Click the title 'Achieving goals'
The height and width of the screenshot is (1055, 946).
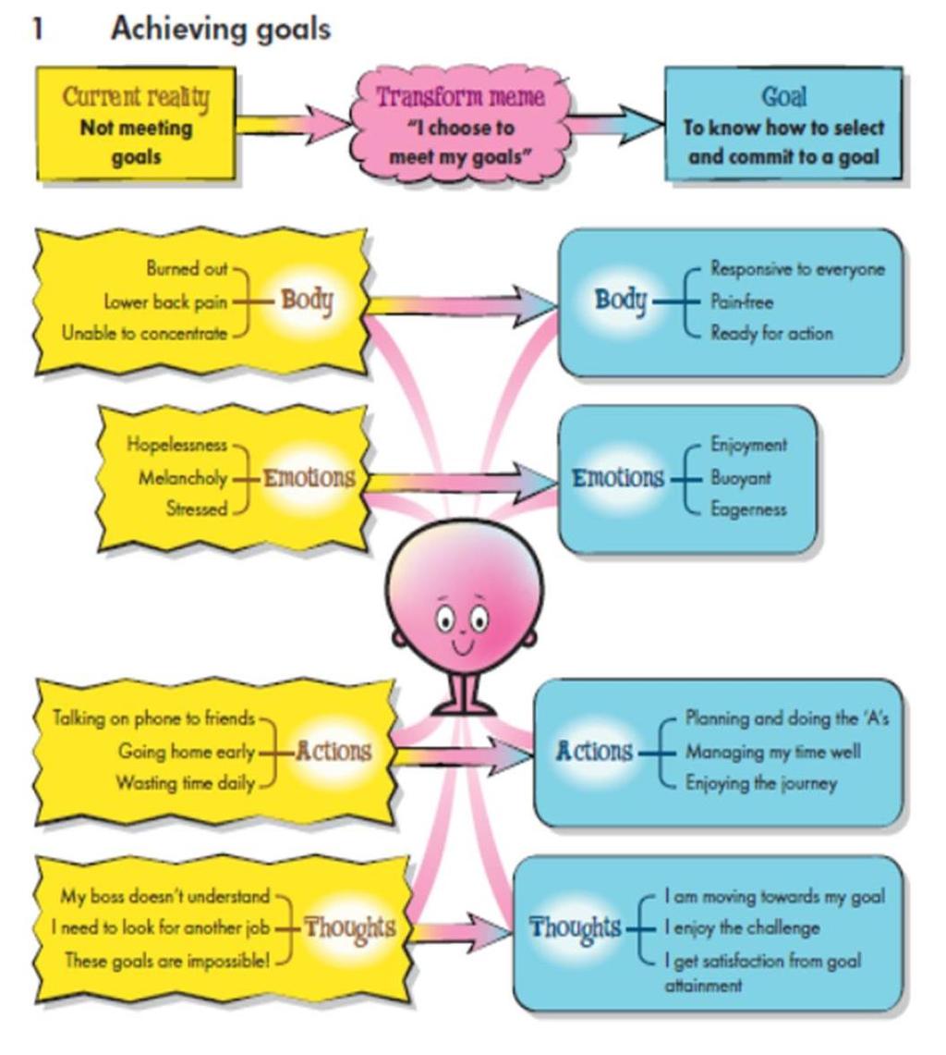tap(221, 29)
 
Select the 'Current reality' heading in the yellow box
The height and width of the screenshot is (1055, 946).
tap(136, 96)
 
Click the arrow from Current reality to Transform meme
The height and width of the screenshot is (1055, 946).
tap(294, 125)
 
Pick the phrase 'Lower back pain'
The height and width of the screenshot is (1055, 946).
tap(165, 302)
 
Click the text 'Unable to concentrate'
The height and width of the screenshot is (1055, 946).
tap(144, 333)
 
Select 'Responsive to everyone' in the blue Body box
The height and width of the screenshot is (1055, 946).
tap(797, 269)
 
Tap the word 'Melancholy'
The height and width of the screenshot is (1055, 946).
tap(183, 478)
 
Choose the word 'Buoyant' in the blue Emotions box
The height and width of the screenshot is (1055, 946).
tap(741, 478)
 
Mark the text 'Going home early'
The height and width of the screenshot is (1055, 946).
tap(187, 751)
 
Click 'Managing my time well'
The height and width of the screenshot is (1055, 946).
tap(772, 752)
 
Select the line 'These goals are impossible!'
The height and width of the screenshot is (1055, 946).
tap(167, 960)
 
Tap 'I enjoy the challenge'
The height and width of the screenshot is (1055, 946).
tap(742, 928)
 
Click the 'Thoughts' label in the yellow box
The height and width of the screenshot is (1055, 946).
tap(349, 928)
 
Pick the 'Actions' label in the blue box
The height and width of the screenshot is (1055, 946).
tap(594, 751)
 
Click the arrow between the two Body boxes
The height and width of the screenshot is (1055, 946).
tap(463, 305)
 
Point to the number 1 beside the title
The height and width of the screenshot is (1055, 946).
tap(38, 29)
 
